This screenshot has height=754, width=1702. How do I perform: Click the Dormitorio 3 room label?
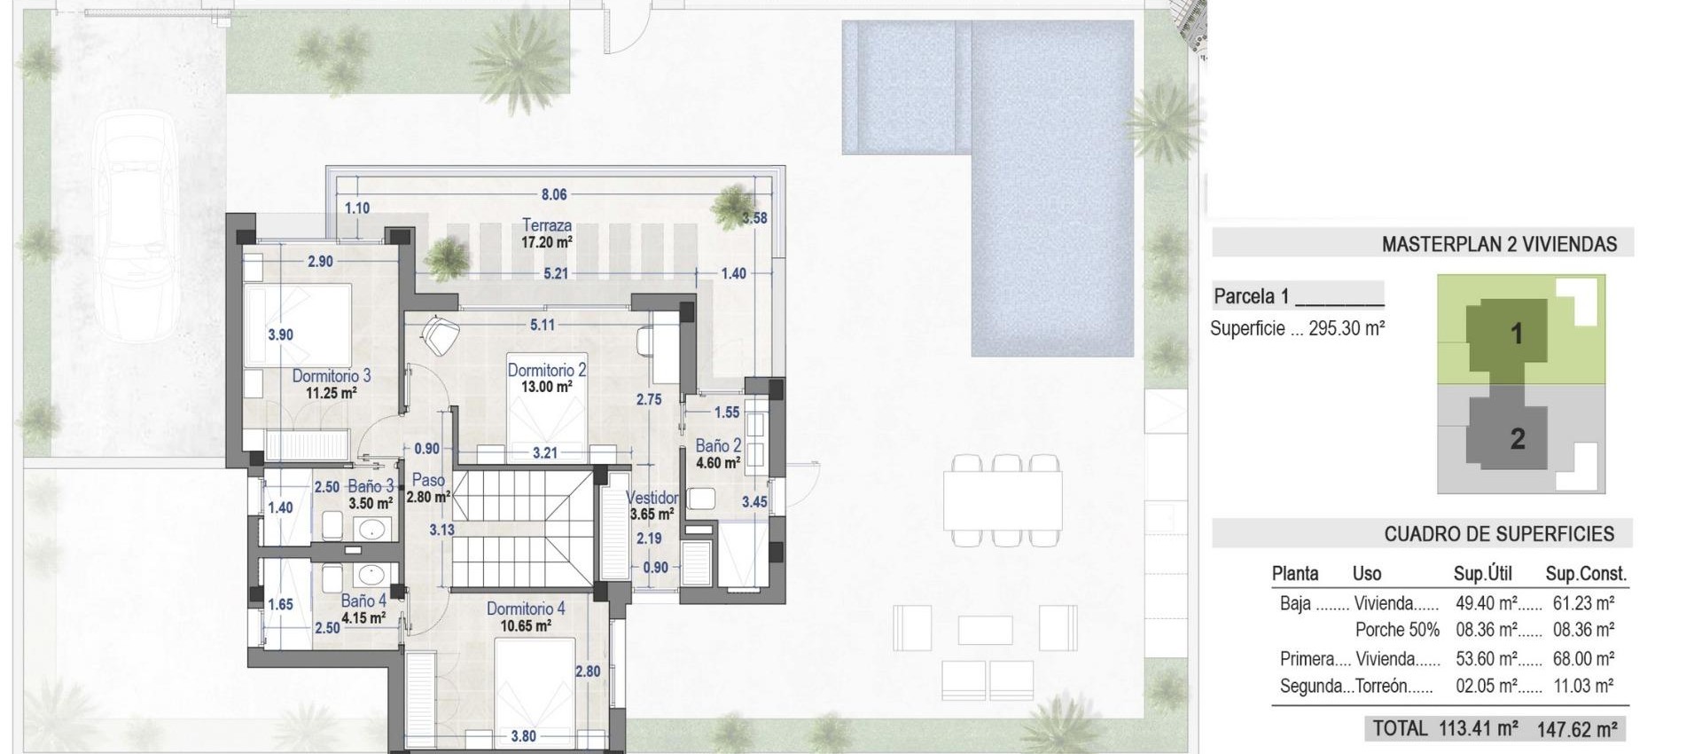332,376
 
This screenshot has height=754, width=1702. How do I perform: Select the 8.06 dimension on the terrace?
554,194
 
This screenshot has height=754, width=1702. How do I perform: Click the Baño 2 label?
718,446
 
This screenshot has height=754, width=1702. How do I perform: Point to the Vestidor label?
652,499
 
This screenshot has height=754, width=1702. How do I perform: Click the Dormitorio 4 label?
525,609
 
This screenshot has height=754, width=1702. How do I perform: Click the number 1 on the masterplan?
1517,334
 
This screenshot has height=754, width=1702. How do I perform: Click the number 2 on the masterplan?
1518,438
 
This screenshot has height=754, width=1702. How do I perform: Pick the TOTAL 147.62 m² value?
1576,729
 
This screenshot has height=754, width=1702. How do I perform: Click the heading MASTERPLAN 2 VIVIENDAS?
1499,244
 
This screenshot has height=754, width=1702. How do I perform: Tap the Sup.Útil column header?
1482,574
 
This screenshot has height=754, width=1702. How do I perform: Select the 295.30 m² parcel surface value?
1347,328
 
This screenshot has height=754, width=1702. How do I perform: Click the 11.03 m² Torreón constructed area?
1583,686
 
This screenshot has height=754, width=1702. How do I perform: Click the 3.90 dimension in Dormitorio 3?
280,334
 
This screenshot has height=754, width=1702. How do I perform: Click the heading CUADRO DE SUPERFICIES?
1499,534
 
